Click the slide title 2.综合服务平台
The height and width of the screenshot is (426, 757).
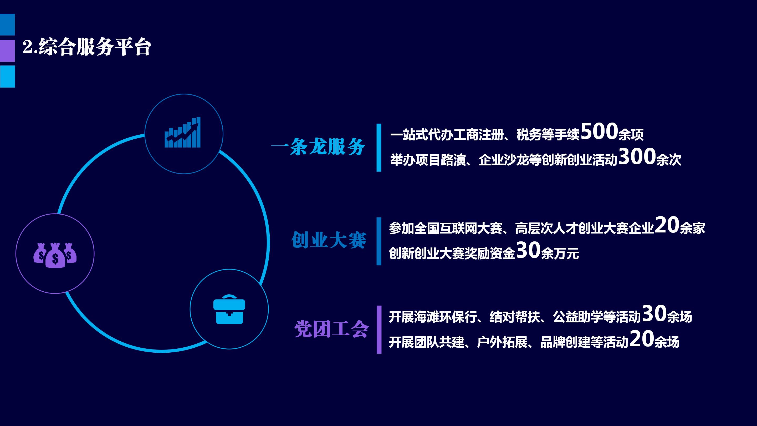87,47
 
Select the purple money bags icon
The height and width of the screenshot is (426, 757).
55,255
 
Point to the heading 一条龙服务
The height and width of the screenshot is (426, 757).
318,146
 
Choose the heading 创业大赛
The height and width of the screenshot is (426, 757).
329,240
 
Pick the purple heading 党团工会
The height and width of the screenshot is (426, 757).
331,329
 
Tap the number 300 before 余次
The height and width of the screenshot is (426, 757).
637,156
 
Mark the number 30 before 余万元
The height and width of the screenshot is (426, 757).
528,250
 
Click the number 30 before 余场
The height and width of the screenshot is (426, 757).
654,313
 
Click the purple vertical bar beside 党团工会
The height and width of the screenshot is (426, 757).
379,329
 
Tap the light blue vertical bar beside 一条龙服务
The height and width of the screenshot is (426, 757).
379,147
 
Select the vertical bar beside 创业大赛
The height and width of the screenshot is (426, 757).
379,241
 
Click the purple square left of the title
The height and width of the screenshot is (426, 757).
7,51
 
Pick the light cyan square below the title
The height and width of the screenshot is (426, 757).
7,77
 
